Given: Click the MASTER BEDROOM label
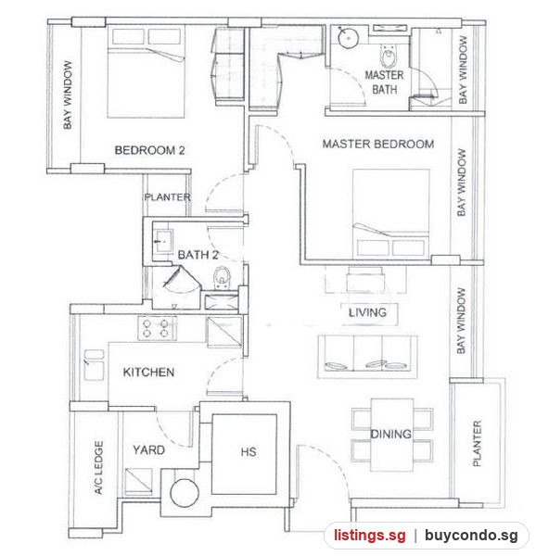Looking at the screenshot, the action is (378, 144).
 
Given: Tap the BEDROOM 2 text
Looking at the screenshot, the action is (149, 150).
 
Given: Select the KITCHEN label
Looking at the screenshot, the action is (148, 373).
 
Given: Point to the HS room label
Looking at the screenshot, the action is (249, 452).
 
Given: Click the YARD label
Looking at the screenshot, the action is (149, 450).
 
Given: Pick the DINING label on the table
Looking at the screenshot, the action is (391, 434).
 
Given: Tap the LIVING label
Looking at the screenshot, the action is (367, 312).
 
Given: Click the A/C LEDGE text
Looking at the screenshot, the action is (98, 468).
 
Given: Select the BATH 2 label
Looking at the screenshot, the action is (198, 255).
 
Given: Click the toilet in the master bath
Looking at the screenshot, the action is (389, 56).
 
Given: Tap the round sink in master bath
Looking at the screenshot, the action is (349, 37).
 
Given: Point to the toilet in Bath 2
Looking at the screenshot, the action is (222, 278).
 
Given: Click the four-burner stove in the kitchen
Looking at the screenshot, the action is (157, 328).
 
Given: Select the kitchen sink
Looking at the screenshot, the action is (94, 365).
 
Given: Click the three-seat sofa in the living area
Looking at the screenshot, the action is (367, 357).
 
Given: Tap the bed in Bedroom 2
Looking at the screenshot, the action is (146, 72).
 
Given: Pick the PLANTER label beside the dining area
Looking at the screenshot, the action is (478, 443).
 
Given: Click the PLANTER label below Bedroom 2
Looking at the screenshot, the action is (168, 197).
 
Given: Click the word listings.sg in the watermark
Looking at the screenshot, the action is (370, 535).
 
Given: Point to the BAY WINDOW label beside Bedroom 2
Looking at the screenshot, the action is (68, 95).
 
